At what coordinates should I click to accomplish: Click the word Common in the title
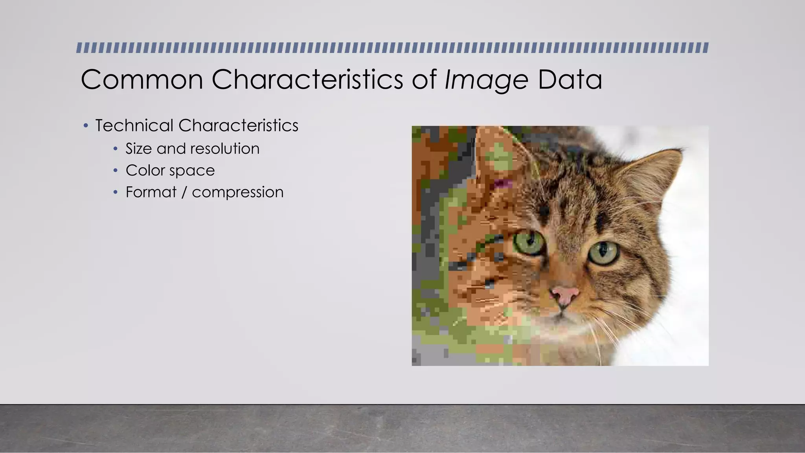[142, 80]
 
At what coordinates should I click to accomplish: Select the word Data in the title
[570, 80]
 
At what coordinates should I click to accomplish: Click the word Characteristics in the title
[307, 80]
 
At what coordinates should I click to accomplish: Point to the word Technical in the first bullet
[134, 126]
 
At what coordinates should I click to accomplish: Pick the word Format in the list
[151, 192]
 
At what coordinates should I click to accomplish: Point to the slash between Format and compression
[184, 192]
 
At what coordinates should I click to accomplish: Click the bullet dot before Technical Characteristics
[86, 126]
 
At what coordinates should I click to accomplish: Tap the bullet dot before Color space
[115, 170]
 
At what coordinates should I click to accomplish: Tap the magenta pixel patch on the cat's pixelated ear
[503, 183]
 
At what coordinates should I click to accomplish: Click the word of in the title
[424, 80]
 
